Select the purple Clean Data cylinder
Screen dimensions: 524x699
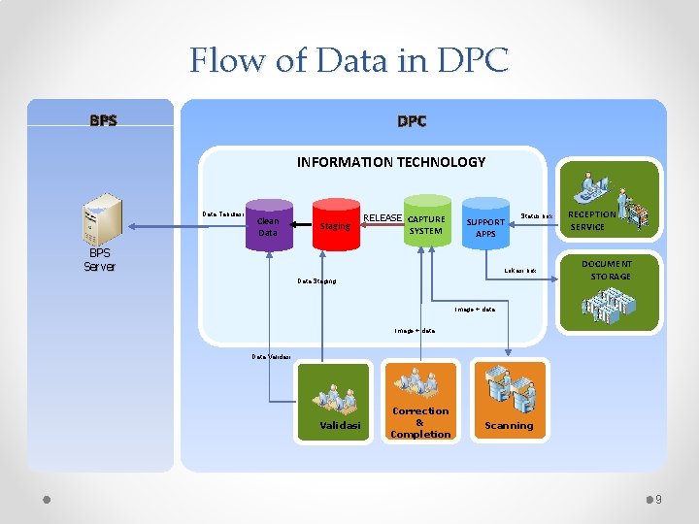(x=265, y=226)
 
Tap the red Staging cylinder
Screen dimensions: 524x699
(x=334, y=225)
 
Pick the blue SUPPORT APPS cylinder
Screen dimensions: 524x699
(x=485, y=226)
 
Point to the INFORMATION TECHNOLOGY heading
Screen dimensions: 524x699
(x=391, y=162)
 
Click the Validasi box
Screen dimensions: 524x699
(x=333, y=402)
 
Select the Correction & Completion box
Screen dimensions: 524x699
(x=419, y=402)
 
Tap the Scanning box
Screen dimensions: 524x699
(x=508, y=402)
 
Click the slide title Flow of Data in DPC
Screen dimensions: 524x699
(x=349, y=60)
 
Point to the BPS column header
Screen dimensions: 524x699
(x=103, y=121)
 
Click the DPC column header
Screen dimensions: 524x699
(x=412, y=121)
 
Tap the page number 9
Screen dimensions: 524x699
(x=658, y=500)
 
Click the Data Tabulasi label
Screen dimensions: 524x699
(x=222, y=213)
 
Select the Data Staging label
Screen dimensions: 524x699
(x=316, y=281)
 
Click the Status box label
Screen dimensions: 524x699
(x=537, y=214)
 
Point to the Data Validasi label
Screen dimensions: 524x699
(x=272, y=356)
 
